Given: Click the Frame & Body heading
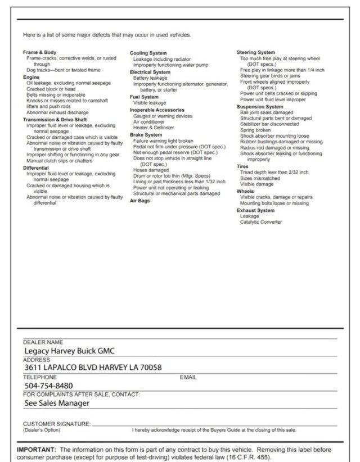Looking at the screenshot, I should pyautogui.click(x=39, y=52).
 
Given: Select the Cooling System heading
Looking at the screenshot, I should pyautogui.click(x=148, y=53).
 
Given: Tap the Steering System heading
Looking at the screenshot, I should pyautogui.click(x=256, y=52).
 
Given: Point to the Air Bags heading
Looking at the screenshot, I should pyautogui.click(x=139, y=200).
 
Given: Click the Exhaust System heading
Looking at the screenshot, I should pyautogui.click(x=255, y=210).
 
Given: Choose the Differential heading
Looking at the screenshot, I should pyautogui.click(x=36, y=167).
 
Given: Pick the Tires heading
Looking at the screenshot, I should pyautogui.click(x=242, y=166).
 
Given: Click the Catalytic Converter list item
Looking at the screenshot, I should pyautogui.click(x=261, y=222).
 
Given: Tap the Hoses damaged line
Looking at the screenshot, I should pyautogui.click(x=151, y=170).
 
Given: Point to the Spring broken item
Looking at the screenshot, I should pyautogui.click(x=255, y=130).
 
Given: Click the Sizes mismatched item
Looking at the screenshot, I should pyautogui.click(x=260, y=178).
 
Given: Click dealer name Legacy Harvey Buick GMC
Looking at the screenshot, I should pyautogui.click(x=69, y=351).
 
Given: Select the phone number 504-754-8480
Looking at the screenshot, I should pyautogui.click(x=48, y=386).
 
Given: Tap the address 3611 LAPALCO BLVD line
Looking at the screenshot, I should pyautogui.click(x=93, y=368).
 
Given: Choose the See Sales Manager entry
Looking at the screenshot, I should pyautogui.click(x=57, y=402).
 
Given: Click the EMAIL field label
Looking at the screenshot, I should pyautogui.click(x=188, y=377).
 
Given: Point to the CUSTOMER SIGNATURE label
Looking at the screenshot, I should pyautogui.click(x=56, y=423).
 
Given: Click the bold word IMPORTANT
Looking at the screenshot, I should pyautogui.click(x=37, y=450).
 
